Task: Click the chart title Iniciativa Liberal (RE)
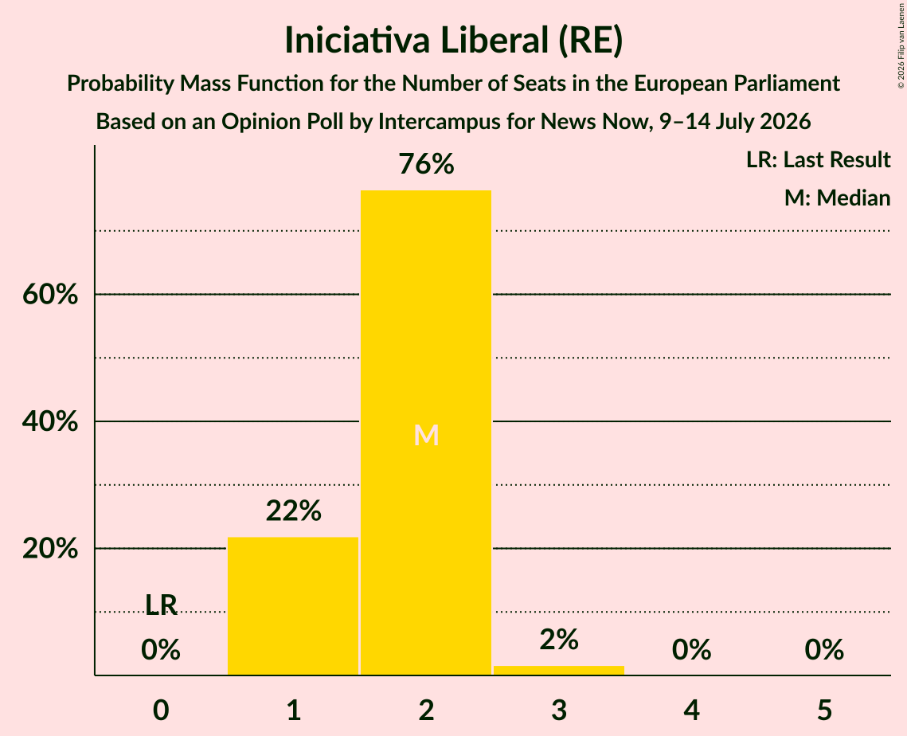click(454, 41)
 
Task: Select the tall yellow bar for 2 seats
click(426, 433)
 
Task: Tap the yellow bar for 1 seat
click(293, 606)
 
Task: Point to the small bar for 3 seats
click(559, 671)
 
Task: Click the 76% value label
click(426, 164)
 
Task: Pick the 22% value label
click(293, 511)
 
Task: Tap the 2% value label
click(559, 640)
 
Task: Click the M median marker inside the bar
click(426, 435)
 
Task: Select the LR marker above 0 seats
click(161, 605)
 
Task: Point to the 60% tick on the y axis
click(50, 295)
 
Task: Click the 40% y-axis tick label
click(50, 421)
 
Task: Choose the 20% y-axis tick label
click(50, 548)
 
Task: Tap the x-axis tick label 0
click(161, 710)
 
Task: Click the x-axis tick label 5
click(824, 710)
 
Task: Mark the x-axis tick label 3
click(559, 710)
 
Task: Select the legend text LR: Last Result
click(818, 159)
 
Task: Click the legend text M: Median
click(837, 198)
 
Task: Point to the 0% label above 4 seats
click(692, 650)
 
